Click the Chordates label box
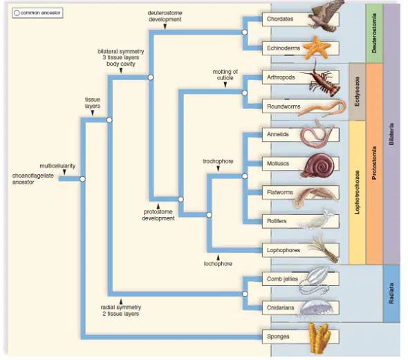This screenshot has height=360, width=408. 301,19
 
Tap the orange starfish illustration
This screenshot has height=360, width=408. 317,48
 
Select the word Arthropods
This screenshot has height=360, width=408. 281,77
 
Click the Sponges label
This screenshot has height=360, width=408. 278,337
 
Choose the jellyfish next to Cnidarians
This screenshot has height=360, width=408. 317,309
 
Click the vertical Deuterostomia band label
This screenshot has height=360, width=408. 374,33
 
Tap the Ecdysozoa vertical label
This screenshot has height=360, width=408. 357,91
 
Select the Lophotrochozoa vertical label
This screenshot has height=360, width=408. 357,192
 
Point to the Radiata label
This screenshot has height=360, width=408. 391,294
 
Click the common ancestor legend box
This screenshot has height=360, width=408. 37,12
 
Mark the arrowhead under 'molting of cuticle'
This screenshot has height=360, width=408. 225,85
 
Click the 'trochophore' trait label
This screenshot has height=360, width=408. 218,161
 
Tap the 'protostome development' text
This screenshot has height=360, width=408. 158,215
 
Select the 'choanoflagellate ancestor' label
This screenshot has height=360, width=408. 33,179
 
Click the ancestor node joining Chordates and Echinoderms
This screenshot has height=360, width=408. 245,32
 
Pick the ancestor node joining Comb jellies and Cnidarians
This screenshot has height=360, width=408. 245,294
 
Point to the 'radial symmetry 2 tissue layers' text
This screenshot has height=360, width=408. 121,310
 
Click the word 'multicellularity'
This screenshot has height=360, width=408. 57,166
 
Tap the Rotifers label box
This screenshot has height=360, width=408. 301,221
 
